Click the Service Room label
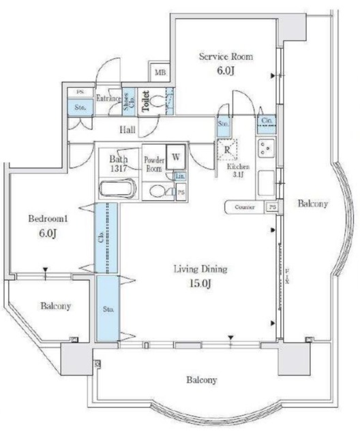tap(226, 57)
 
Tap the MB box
tap(160, 72)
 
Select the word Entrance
tap(108, 99)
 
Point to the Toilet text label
tap(145, 102)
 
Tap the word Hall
tap(127, 130)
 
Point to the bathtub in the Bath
tap(119, 188)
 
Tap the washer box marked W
tap(177, 156)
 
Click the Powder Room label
tap(153, 164)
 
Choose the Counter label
tap(245, 207)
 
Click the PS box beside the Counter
tap(272, 207)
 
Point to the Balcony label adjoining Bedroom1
tap(55, 306)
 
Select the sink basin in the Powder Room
tap(155, 191)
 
